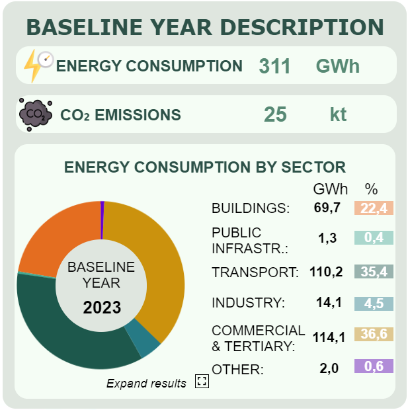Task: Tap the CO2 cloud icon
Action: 35,114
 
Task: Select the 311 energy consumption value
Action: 274,66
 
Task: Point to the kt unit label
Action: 338,114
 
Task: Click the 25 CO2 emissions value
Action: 275,114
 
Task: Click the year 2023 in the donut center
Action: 101,307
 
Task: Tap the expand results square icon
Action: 202,382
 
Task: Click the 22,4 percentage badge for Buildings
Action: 374,208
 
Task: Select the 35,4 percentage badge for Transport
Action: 374,271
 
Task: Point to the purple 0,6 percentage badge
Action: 374,366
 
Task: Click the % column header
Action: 372,188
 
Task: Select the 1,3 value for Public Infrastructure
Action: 327,239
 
